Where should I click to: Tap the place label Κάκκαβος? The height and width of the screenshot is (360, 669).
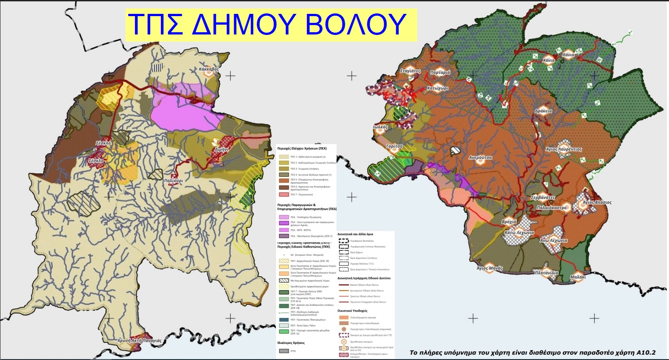coord(209,69)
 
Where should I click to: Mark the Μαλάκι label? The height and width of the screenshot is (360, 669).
coord(578,277)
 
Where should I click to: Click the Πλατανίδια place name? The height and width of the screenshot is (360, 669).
coord(546,272)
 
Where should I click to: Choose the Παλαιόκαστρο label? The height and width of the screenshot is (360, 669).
coord(552,208)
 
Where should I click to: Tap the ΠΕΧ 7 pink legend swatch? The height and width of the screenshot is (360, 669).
coord(283,195)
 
